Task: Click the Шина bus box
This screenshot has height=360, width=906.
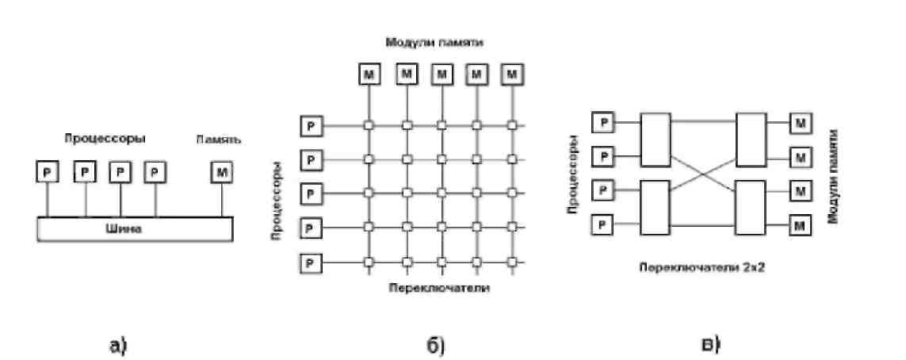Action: pyautogui.click(x=135, y=228)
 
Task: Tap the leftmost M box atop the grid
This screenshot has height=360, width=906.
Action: pyautogui.click(x=370, y=75)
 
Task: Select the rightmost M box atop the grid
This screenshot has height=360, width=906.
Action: pyautogui.click(x=513, y=75)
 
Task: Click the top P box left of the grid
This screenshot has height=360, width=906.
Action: pyautogui.click(x=312, y=125)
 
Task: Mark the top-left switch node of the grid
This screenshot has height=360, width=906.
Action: pyautogui.click(x=369, y=125)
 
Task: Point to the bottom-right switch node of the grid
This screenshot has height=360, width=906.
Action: pyautogui.click(x=512, y=262)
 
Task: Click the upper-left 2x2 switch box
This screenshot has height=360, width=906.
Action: pyautogui.click(x=656, y=139)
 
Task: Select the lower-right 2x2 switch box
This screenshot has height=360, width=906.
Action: pyautogui.click(x=751, y=209)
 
